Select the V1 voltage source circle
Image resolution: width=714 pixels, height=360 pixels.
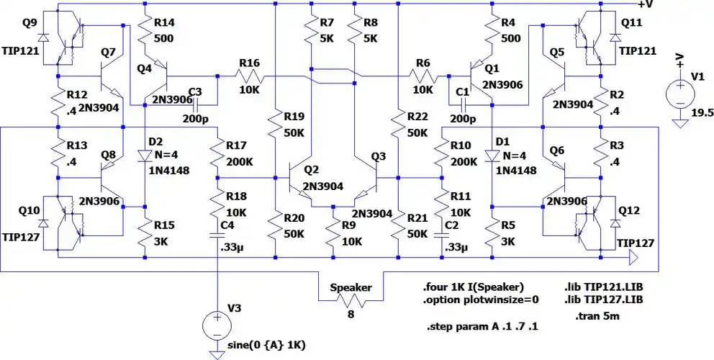pyautogui.click(x=678, y=93)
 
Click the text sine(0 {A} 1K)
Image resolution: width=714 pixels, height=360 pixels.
pyautogui.click(x=266, y=346)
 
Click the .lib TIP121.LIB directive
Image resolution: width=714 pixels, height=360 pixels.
pyautogui.click(x=603, y=287)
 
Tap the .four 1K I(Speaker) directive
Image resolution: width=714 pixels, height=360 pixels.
pyautogui.click(x=469, y=287)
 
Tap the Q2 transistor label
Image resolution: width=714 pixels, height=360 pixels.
pyautogui.click(x=311, y=169)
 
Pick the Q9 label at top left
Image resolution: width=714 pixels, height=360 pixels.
pyautogui.click(x=30, y=22)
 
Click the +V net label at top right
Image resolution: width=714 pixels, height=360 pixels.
pyautogui.click(x=645, y=5)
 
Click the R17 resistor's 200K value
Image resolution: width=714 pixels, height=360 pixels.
pyautogui.click(x=240, y=161)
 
